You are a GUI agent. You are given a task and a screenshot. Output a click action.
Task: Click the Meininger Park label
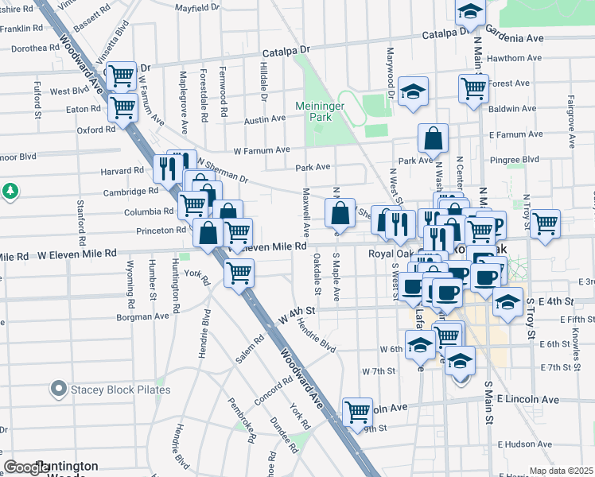coord(318,111)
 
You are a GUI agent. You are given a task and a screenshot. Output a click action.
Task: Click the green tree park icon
coord(10,192)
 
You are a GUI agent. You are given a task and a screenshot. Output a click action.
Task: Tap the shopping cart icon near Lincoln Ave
coord(358,412)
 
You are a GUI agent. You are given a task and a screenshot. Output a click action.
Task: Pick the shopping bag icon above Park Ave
coord(433,138)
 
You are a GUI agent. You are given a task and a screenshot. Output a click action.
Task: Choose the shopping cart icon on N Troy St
coord(545,223)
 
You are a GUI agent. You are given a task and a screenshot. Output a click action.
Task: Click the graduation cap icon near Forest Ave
coord(414,90)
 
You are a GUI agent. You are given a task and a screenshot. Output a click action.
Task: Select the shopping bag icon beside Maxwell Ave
coord(340,213)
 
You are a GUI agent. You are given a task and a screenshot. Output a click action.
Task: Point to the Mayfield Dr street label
coord(197,7)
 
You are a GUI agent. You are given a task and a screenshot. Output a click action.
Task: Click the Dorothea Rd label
coord(34,48)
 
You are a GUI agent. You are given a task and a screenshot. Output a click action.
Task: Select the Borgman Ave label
coord(142,316)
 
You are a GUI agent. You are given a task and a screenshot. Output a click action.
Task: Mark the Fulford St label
coord(37,98)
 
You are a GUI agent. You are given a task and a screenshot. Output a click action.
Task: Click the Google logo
coord(26,467)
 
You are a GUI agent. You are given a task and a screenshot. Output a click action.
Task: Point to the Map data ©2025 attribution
coord(561,471)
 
